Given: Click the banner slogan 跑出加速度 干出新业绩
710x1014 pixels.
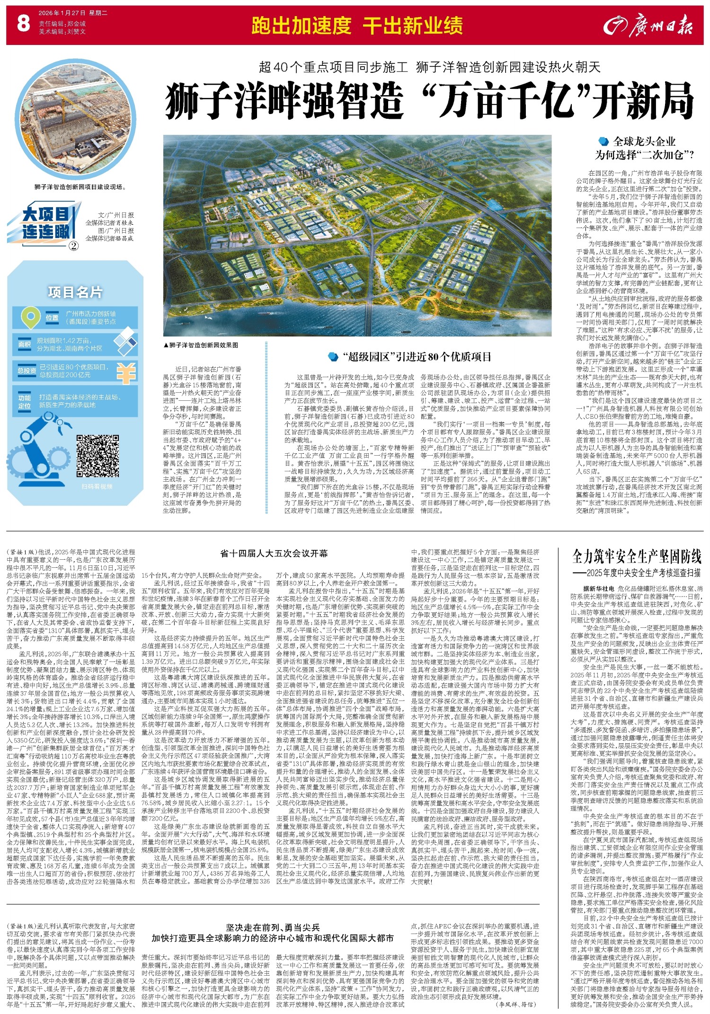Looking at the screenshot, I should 357,26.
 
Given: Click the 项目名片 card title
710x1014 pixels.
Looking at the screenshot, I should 75,292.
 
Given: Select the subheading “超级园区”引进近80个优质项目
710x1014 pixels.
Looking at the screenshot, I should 410,357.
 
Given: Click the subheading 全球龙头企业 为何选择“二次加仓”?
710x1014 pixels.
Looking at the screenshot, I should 644,148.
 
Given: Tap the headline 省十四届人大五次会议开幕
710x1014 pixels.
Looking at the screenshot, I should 274,553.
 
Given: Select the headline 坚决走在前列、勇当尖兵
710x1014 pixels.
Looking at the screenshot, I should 273,927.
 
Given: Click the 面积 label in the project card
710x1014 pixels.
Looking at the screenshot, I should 25,344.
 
